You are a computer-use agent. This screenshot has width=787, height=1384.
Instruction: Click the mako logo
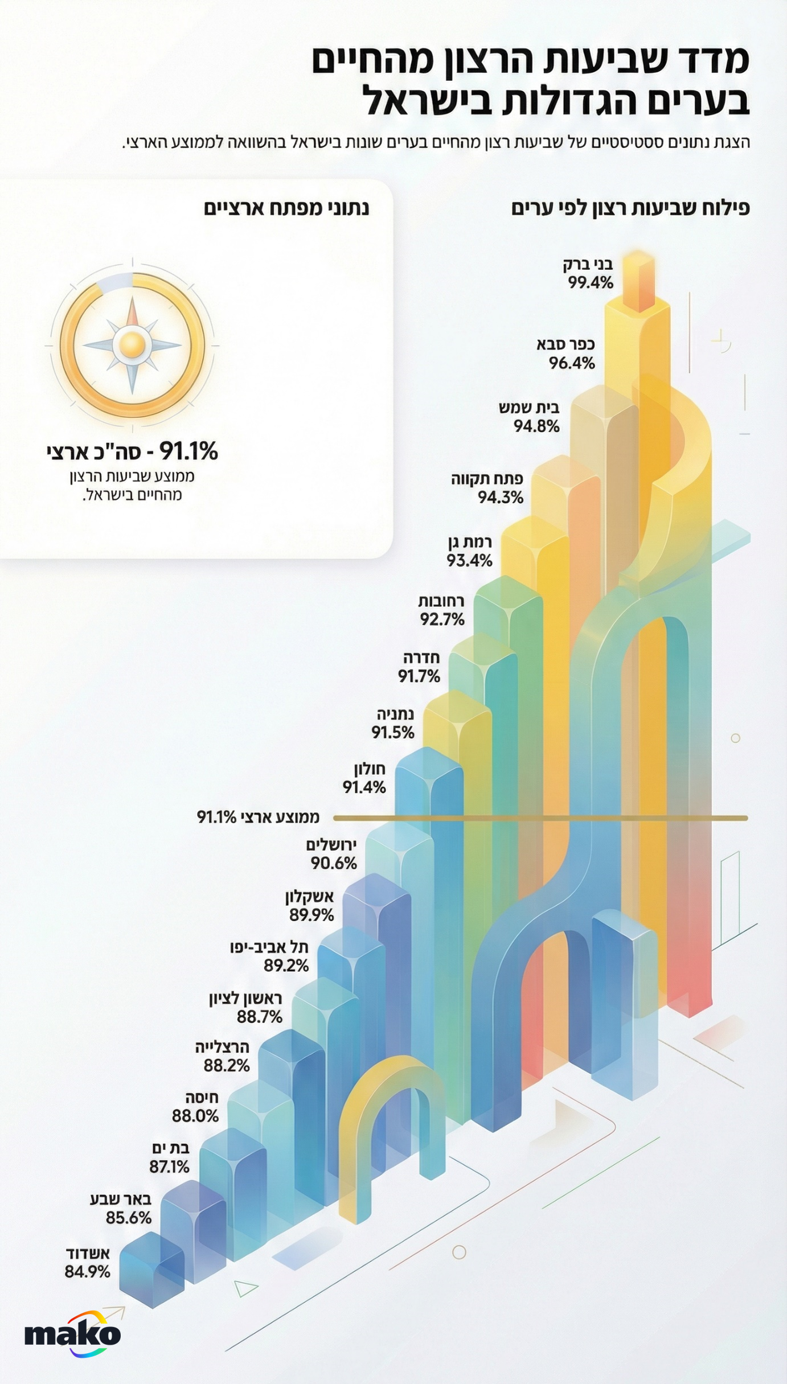pos(72,1334)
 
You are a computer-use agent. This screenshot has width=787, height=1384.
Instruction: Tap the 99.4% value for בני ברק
pos(591,282)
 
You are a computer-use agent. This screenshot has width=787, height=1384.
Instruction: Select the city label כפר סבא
pos(565,344)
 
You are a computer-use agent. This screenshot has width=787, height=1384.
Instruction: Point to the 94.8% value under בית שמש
pos(536,426)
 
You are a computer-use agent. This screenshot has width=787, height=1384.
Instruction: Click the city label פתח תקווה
pos(487,478)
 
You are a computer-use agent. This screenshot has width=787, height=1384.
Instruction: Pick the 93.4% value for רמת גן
pos(469,561)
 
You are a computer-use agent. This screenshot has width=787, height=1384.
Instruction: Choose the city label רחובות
pos(441,601)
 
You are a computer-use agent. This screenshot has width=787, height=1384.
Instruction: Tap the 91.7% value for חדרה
pos(419,676)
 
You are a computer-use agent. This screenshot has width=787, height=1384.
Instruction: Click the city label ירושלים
pos(331,844)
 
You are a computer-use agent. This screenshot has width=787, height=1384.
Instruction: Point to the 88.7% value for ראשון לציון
pos(260,1016)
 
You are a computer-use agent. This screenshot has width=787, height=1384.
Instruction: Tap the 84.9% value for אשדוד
pos(87,1271)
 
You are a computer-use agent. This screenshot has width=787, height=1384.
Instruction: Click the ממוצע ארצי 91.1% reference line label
pos(258,817)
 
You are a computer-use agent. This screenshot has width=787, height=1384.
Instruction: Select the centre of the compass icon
pos(132,344)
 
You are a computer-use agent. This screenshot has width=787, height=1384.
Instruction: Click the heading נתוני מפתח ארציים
pos(286,208)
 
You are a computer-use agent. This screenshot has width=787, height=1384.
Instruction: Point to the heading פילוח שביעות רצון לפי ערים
pos(630,208)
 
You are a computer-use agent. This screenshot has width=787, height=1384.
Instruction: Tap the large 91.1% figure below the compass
pos(188,451)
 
